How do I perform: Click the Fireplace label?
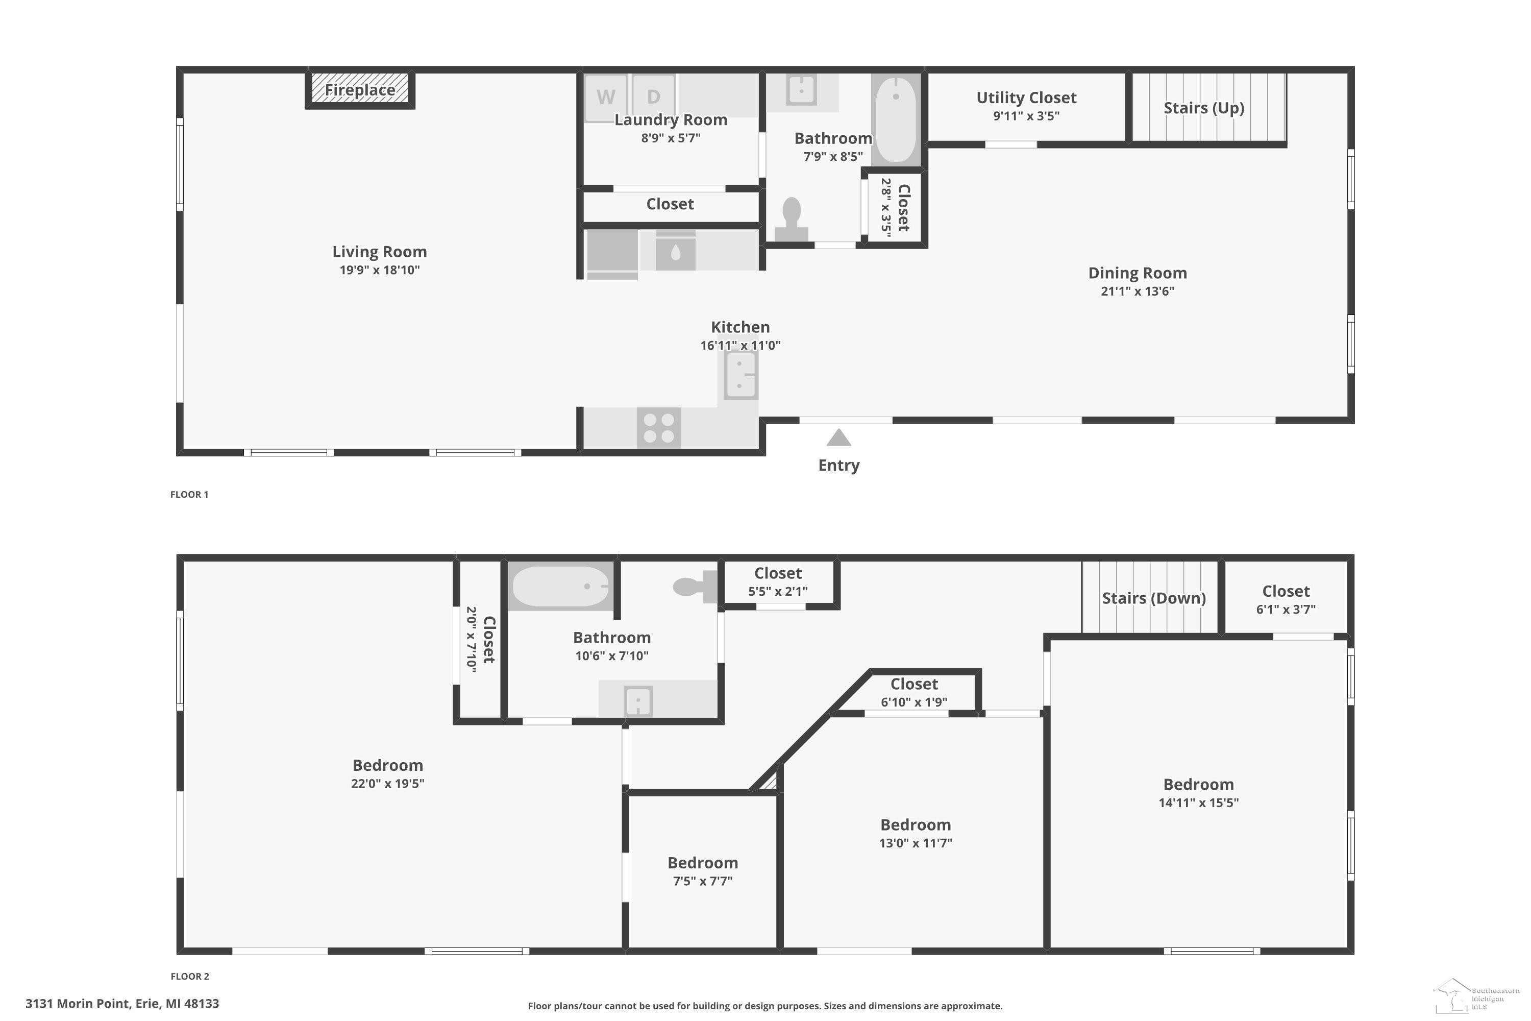(360, 90)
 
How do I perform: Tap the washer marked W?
(606, 98)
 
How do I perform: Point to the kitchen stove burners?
(659, 428)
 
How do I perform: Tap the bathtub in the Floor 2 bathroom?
(560, 586)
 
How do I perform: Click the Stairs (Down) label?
(1153, 598)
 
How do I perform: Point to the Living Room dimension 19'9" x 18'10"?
(380, 270)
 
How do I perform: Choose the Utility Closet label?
(1026, 98)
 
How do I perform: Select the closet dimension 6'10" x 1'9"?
(914, 702)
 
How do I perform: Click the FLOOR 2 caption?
(190, 976)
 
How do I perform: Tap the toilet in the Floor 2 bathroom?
(695, 587)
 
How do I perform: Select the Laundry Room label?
(671, 120)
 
